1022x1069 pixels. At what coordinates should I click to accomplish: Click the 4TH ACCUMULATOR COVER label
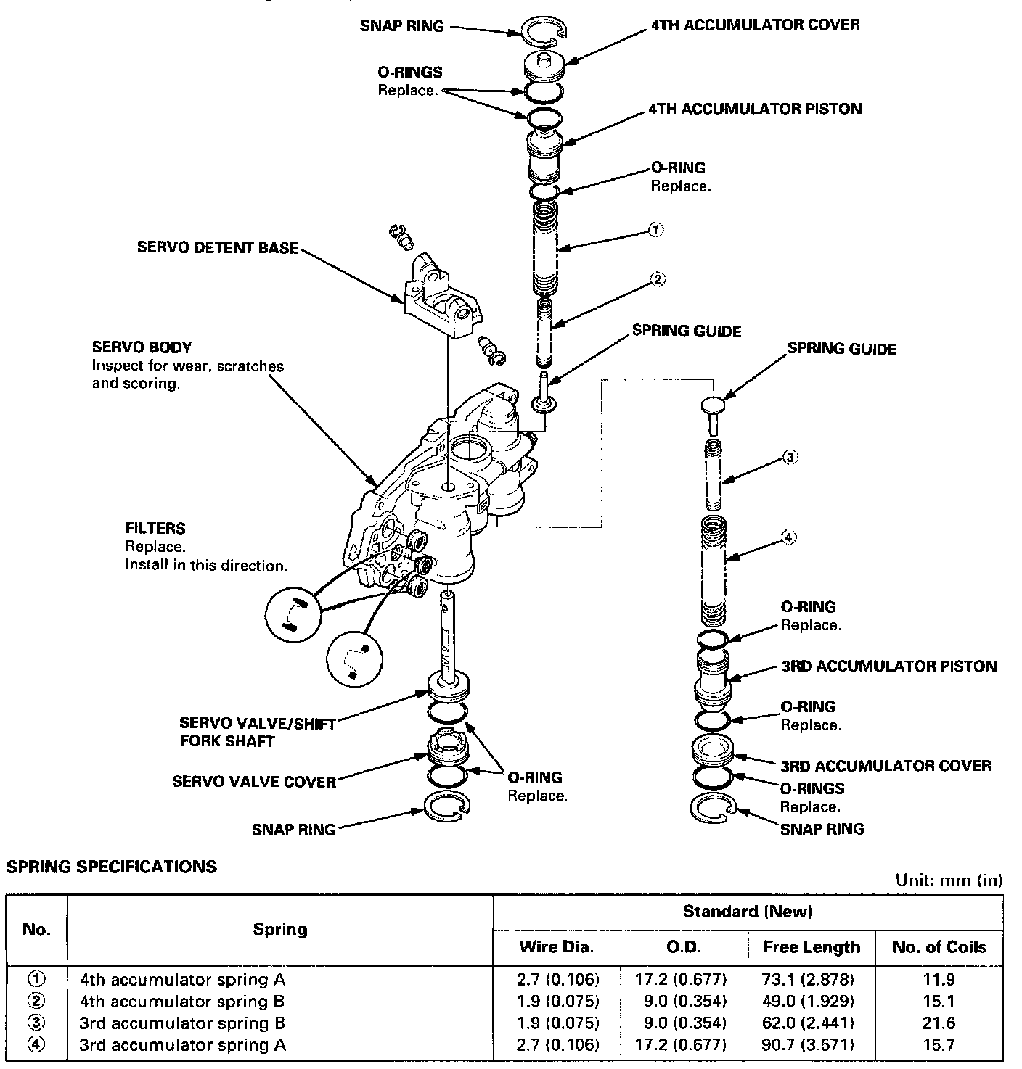tap(755, 25)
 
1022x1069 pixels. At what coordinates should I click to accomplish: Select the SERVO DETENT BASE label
tap(217, 248)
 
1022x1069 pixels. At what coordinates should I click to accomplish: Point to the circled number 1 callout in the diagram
tap(655, 230)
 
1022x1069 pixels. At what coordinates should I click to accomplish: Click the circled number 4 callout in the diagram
tap(788, 537)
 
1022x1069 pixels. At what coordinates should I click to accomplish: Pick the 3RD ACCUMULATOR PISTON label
tap(888, 666)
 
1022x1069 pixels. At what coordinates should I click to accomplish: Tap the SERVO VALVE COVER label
tap(254, 781)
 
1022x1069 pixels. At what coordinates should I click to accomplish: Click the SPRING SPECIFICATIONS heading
tap(111, 866)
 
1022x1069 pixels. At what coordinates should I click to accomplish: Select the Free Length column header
tap(811, 946)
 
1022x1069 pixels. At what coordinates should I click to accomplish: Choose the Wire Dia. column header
tap(557, 946)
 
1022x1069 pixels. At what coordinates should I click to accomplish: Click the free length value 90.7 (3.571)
tap(811, 1044)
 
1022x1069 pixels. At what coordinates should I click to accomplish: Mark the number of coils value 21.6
tap(939, 1023)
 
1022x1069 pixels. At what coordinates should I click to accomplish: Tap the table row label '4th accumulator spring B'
tap(182, 1002)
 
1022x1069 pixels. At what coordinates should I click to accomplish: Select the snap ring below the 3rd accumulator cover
tap(714, 809)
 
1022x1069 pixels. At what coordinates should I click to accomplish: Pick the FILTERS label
tap(155, 528)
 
